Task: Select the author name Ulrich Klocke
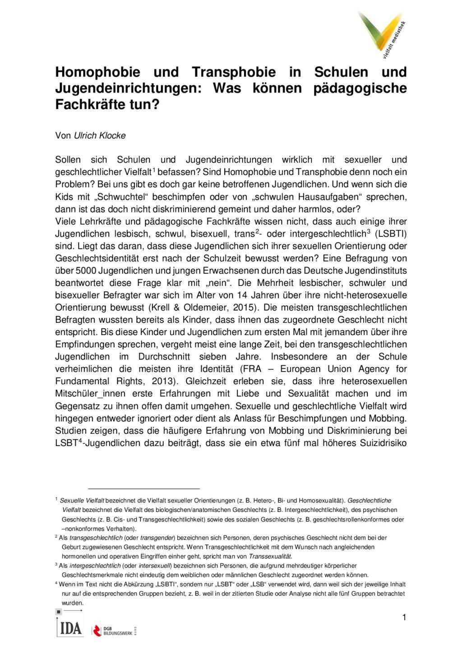click(100, 135)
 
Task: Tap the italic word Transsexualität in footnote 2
click(270, 556)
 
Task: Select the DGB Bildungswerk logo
click(114, 630)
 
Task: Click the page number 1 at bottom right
click(404, 617)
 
